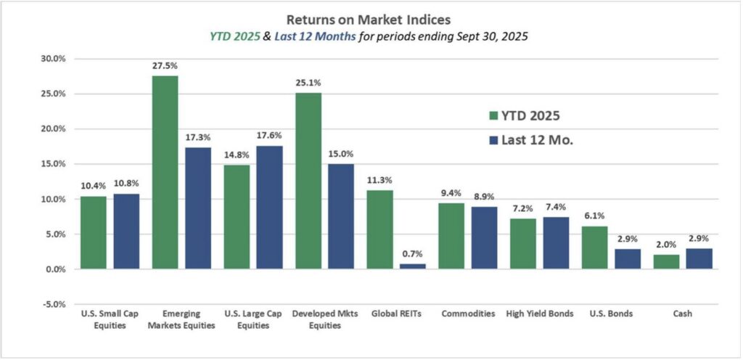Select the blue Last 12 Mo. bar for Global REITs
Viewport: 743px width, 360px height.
(x=413, y=266)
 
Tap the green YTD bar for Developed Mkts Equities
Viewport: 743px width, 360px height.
(x=308, y=181)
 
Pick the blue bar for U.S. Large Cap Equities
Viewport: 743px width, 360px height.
(x=270, y=208)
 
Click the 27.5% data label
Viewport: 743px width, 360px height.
(x=165, y=65)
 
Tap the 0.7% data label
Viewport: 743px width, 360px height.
(x=413, y=253)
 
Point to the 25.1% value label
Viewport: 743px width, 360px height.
(x=308, y=82)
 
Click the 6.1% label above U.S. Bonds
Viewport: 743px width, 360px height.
(x=595, y=216)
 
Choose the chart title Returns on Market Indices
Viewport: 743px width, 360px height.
(x=369, y=20)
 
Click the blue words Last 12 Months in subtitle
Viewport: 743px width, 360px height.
(x=319, y=37)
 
